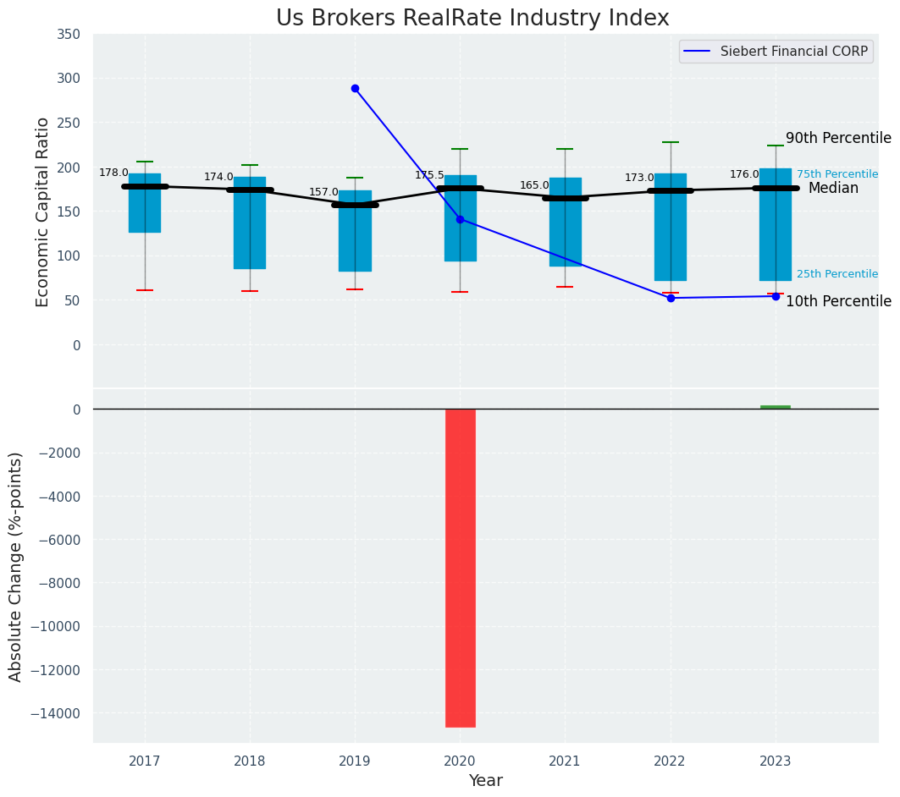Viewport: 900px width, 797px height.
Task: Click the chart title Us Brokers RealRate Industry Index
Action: (472, 19)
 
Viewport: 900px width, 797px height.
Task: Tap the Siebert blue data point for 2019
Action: (355, 88)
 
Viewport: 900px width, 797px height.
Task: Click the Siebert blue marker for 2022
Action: (671, 298)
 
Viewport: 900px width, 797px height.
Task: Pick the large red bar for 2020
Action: (460, 567)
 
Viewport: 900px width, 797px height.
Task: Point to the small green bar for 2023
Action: (775, 407)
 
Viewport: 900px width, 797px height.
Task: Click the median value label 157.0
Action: (323, 192)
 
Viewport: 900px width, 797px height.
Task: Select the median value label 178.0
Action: (113, 173)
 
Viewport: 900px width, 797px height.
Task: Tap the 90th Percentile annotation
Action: (838, 138)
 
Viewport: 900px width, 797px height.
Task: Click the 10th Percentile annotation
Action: (838, 301)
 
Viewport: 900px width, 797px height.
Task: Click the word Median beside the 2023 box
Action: (833, 188)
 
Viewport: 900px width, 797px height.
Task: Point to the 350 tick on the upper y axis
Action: (69, 34)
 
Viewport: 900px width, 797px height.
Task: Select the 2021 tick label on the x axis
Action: (565, 761)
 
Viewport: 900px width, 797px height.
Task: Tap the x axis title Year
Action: (485, 781)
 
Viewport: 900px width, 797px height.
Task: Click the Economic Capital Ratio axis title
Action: (43, 212)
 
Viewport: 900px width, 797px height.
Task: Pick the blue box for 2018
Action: (250, 223)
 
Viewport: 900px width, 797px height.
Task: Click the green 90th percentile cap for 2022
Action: (671, 142)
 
